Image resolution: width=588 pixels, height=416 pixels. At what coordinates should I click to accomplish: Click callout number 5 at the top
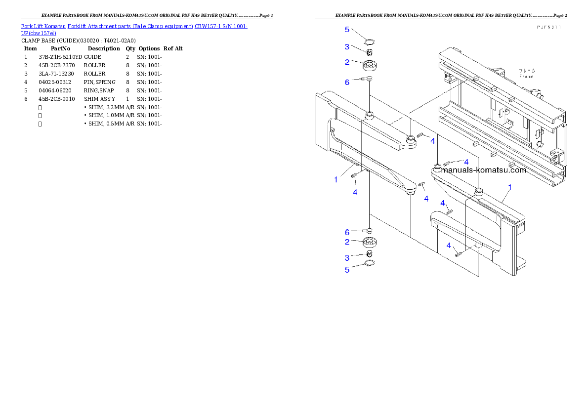coord(347,30)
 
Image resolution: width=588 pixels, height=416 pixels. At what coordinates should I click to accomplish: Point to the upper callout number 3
coord(347,47)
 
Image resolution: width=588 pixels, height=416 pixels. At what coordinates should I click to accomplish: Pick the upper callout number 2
coord(347,63)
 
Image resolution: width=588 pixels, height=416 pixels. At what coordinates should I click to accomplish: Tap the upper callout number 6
coord(347,82)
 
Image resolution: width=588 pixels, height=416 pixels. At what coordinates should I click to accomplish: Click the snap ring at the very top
coord(370,42)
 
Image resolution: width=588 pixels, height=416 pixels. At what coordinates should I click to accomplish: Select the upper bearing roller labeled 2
coord(370,65)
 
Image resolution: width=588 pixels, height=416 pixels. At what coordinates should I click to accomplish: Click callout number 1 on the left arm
coord(336,180)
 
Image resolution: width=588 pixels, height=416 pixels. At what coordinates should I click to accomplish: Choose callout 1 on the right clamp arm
coord(510,188)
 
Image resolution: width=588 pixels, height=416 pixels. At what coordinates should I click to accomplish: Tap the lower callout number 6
coord(347,232)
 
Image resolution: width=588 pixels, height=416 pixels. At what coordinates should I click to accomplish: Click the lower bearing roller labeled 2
coord(370,243)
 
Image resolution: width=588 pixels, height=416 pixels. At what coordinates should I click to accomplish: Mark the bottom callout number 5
coord(347,270)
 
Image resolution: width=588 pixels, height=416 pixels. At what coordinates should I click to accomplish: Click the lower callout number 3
coord(347,258)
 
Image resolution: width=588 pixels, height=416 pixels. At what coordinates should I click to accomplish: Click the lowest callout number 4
coord(449,246)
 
